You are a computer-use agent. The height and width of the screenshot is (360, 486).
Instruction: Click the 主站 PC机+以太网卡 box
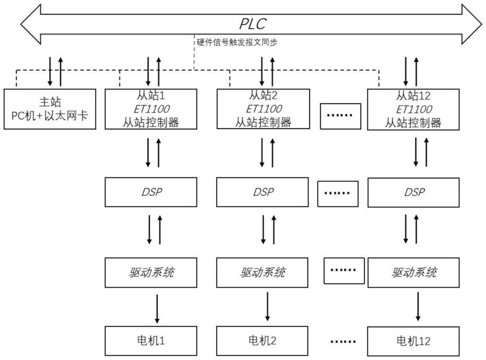(50, 109)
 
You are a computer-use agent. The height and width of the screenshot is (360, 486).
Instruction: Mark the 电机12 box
(413, 341)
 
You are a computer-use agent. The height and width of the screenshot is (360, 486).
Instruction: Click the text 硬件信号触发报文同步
(237, 42)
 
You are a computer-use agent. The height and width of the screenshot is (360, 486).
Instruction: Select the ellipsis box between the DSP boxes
(337, 192)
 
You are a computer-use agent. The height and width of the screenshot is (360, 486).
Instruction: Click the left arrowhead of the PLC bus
(30, 23)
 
